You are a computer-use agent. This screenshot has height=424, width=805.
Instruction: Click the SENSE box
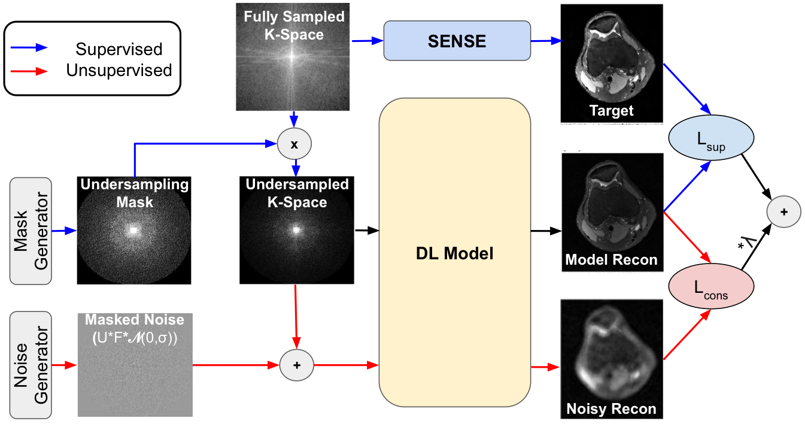(457, 41)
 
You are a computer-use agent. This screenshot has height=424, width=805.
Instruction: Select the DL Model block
(455, 253)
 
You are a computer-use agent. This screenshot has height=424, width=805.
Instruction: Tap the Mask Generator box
(31, 231)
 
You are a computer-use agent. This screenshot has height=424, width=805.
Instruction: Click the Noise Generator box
(31, 364)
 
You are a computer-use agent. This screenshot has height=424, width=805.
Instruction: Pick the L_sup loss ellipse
(710, 138)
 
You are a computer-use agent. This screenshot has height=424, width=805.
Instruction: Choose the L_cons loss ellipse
(710, 287)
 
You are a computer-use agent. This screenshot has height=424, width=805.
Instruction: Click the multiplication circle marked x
(294, 144)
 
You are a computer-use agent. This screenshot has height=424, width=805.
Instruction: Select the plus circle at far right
(783, 211)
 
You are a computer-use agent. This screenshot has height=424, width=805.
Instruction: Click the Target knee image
(612, 63)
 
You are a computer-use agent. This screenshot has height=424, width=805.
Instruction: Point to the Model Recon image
(612, 211)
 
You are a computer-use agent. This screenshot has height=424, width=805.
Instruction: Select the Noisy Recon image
(612, 358)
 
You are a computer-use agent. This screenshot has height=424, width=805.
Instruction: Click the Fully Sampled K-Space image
(293, 57)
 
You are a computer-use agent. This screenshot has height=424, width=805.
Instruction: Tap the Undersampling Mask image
(135, 230)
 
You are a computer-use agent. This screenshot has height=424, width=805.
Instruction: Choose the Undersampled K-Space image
(297, 230)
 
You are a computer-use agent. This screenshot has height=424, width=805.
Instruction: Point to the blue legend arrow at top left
(29, 47)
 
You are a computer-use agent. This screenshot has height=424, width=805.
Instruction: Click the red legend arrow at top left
(29, 71)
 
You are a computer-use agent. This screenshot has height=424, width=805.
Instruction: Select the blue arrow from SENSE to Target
(546, 41)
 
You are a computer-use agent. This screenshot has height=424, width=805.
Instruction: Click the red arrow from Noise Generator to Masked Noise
(64, 364)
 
